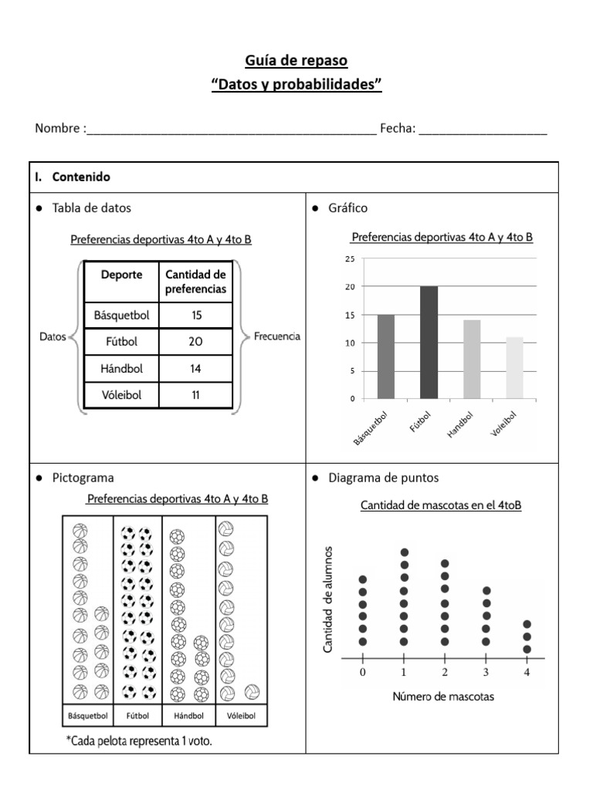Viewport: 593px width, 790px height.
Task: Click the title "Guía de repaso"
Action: point(296,60)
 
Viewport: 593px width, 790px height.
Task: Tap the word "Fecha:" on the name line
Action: point(398,129)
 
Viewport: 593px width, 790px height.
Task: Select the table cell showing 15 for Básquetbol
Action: point(195,315)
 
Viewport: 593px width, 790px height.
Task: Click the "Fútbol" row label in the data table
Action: point(120,341)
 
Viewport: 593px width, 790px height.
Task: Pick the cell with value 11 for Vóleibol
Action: point(195,395)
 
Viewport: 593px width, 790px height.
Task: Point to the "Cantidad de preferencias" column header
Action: point(195,282)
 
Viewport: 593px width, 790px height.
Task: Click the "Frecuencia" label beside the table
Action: point(276,336)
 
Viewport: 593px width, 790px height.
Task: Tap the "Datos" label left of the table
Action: point(53,336)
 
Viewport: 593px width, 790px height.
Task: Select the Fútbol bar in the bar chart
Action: point(429,343)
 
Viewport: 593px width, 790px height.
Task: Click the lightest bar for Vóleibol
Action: point(514,368)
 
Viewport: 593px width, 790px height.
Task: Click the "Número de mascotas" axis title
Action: point(443,697)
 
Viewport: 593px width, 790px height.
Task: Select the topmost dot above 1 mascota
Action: point(405,552)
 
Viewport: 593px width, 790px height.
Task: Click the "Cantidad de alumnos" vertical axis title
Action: point(328,599)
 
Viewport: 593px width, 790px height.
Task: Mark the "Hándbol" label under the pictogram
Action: point(188,716)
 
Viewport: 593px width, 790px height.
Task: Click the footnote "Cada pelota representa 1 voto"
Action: point(139,741)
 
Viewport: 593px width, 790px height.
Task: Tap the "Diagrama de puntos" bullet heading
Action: point(373,478)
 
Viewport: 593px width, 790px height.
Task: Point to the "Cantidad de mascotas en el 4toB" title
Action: point(441,505)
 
